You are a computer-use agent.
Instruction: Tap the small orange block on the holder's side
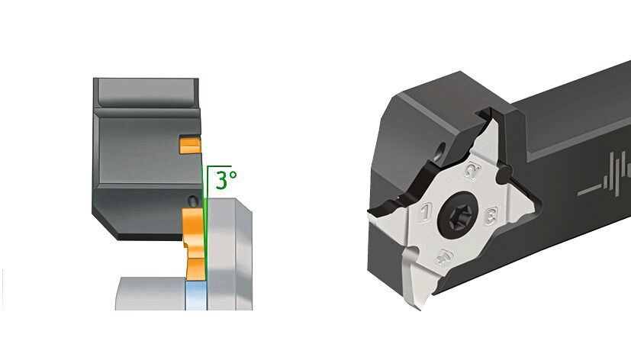188,143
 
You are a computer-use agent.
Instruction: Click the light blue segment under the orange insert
197,294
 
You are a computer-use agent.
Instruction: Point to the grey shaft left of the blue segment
149,294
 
